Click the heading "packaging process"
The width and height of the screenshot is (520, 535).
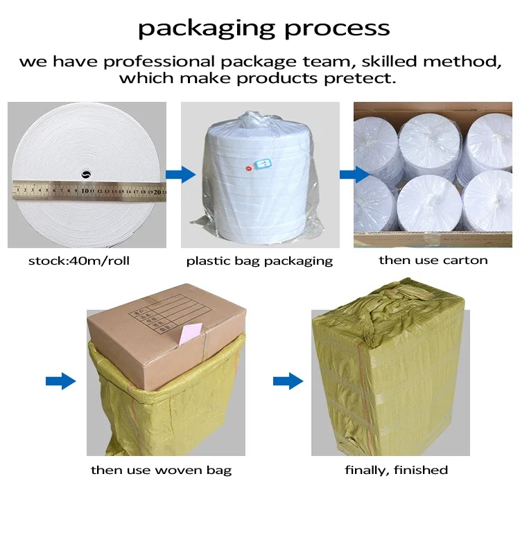(x=263, y=28)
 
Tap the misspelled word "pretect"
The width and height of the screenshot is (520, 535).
(x=364, y=78)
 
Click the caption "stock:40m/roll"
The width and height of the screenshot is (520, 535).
(x=78, y=261)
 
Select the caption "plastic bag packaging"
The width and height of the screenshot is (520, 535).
(x=259, y=261)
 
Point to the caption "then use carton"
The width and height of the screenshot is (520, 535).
(x=433, y=261)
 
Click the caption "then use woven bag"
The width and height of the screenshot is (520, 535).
(x=161, y=471)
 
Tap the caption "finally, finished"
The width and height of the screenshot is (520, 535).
(x=396, y=471)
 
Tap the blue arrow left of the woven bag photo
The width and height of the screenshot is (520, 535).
(x=60, y=380)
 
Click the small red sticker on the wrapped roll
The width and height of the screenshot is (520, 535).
(x=250, y=168)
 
